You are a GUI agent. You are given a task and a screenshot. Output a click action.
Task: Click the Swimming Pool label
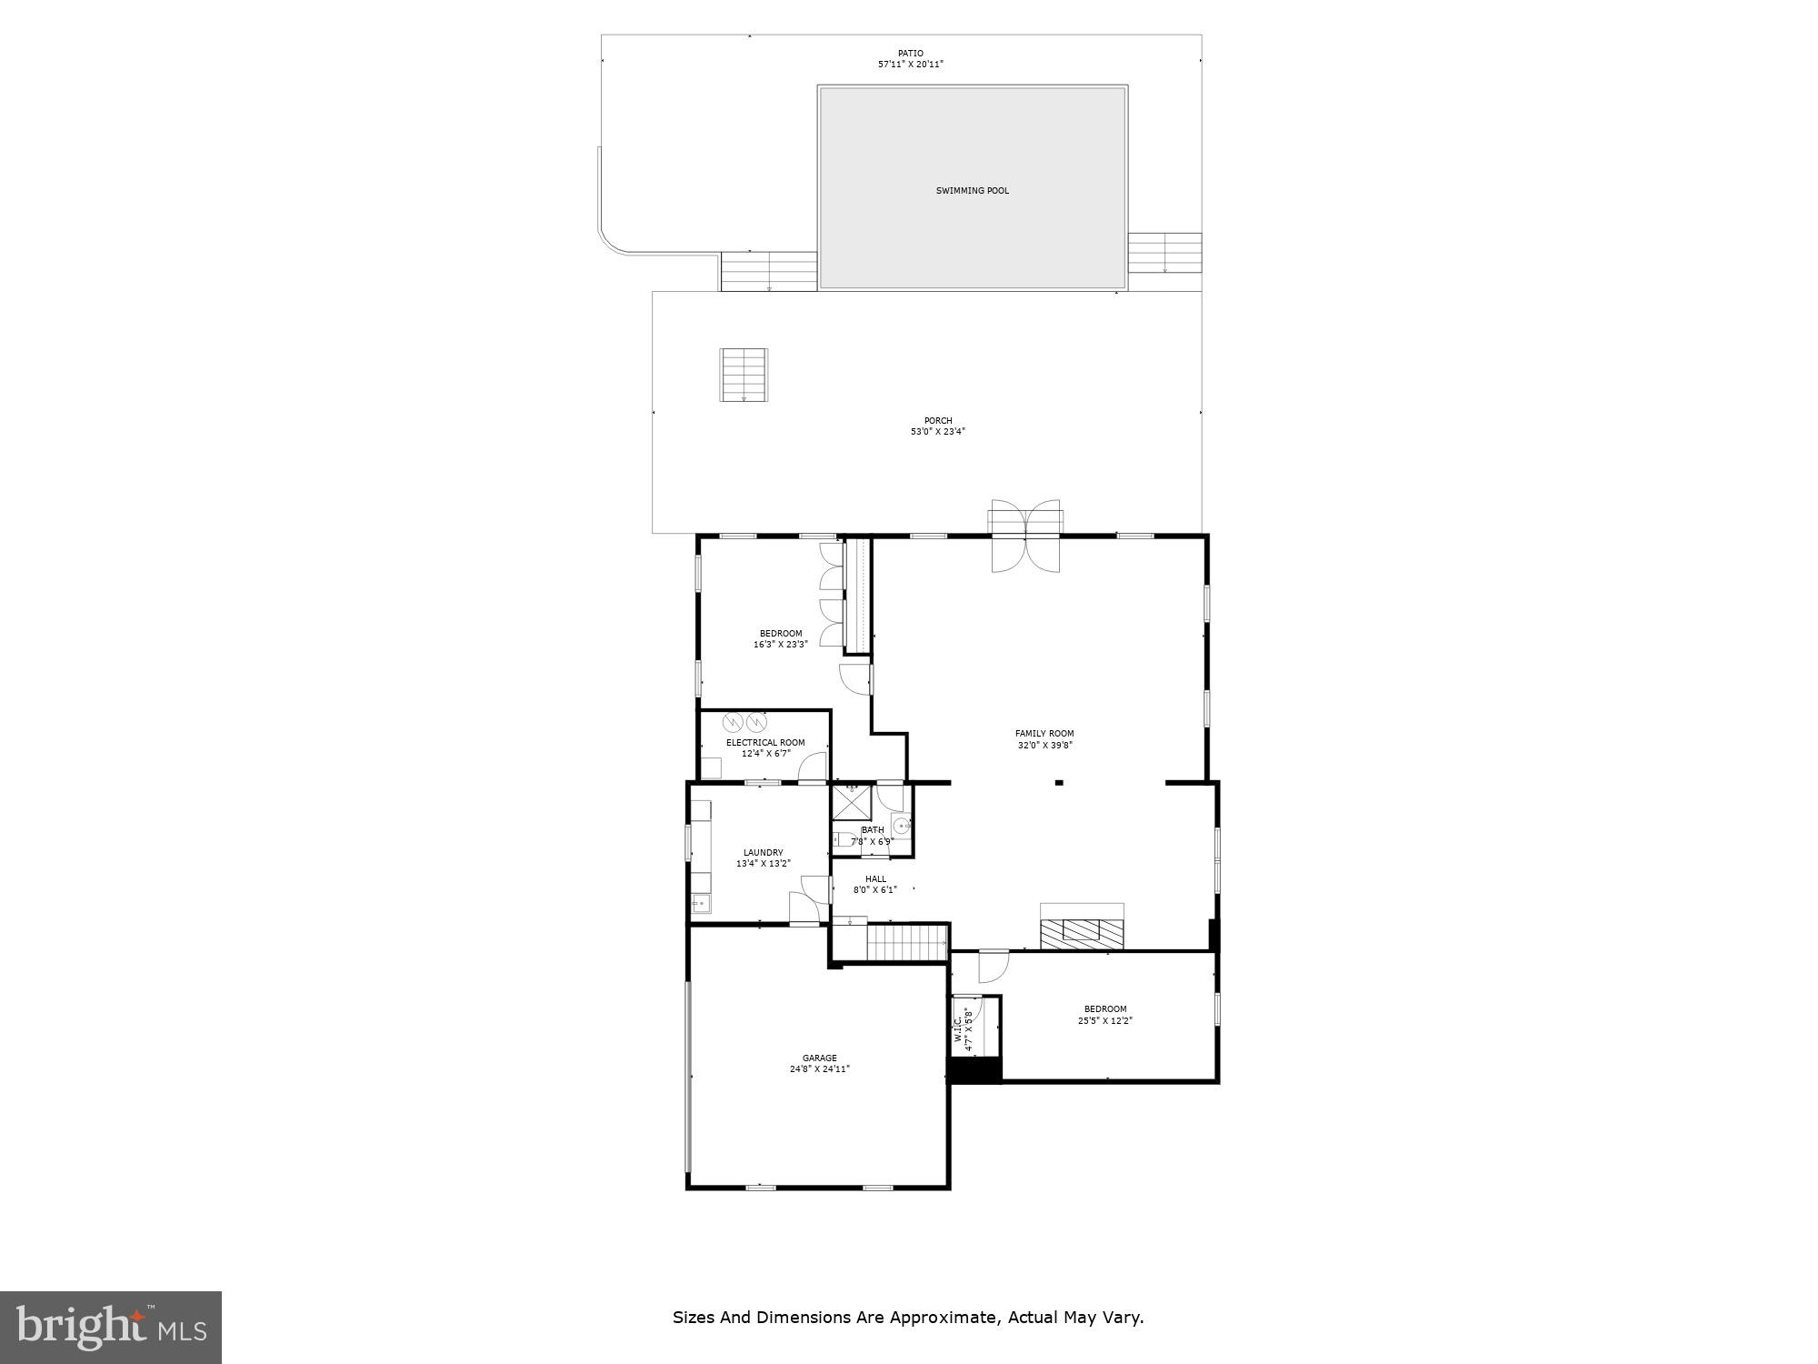coord(972,191)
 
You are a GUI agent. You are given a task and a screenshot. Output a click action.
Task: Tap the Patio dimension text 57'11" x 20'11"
coord(910,65)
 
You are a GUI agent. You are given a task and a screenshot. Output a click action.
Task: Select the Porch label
coord(937,421)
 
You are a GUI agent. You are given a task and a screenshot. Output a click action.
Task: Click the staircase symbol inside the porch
coord(744,375)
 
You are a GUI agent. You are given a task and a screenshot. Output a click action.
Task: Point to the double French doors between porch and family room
coord(1025,537)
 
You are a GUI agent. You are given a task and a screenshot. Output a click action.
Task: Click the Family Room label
coord(1044,734)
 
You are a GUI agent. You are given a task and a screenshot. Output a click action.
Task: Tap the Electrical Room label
coord(764,743)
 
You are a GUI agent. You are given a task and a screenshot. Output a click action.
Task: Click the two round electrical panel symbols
coord(744,723)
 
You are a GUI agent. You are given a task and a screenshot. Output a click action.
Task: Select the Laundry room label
coord(763,853)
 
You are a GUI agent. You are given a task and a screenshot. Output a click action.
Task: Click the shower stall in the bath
coord(852,803)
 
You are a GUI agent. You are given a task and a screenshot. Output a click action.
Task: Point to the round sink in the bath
coord(901,827)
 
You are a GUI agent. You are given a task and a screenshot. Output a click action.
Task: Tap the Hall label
coord(874,879)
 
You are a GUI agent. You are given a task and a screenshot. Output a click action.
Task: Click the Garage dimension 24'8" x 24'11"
coord(819,1069)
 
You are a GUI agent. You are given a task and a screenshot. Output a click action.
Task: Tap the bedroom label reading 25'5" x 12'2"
coord(1105,1020)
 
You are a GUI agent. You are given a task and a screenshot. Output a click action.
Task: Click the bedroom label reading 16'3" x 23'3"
coord(780,644)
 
